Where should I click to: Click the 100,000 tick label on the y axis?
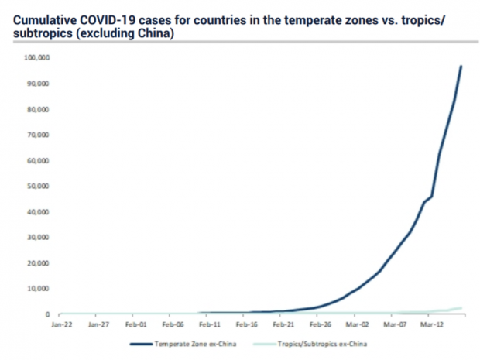pos(38,57)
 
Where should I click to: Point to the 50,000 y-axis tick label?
pos(39,186)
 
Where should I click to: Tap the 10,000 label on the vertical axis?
pos(39,289)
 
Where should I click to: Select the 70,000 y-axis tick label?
pos(39,135)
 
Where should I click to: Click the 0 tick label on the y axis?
pos(48,314)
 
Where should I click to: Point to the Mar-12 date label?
pos(430,325)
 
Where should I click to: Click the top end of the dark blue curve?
pos(461,67)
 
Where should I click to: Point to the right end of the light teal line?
pos(461,307)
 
